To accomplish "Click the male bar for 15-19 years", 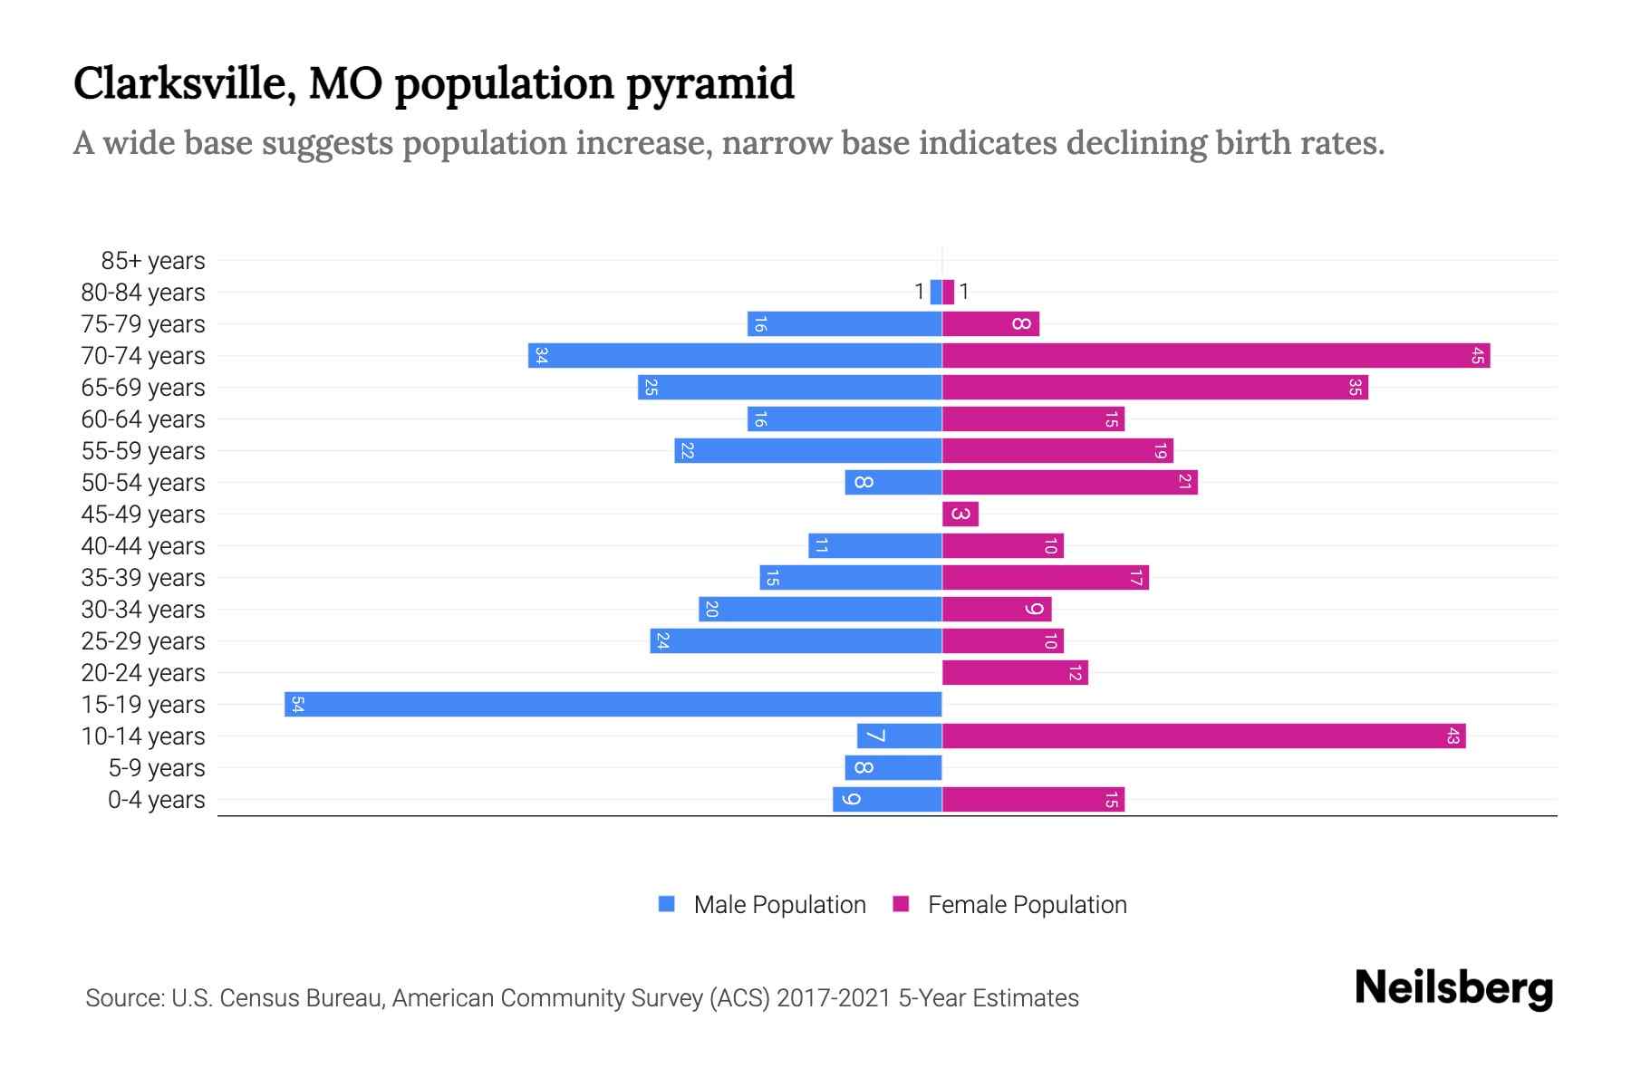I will pos(613,704).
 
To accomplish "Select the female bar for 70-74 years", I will pos(1215,355).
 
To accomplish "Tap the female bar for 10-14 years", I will pos(1203,736).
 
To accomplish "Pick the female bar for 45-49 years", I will pos(960,514).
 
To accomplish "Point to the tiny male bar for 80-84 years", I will pos(936,292).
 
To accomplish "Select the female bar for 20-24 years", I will pos(1014,672).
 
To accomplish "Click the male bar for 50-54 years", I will pos(893,482).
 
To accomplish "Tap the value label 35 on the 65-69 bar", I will pos(1355,387).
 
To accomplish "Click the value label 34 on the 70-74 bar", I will pos(541,355).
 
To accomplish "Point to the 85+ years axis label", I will pos(153,261).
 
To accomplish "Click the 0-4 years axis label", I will pos(156,800).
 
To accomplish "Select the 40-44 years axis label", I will pos(143,546).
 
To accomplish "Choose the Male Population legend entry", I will pos(778,904).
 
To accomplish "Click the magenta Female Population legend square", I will pos(901,904).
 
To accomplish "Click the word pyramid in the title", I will pos(709,83).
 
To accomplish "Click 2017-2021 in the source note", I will pos(834,998).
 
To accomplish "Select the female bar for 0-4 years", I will pos(1033,799).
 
